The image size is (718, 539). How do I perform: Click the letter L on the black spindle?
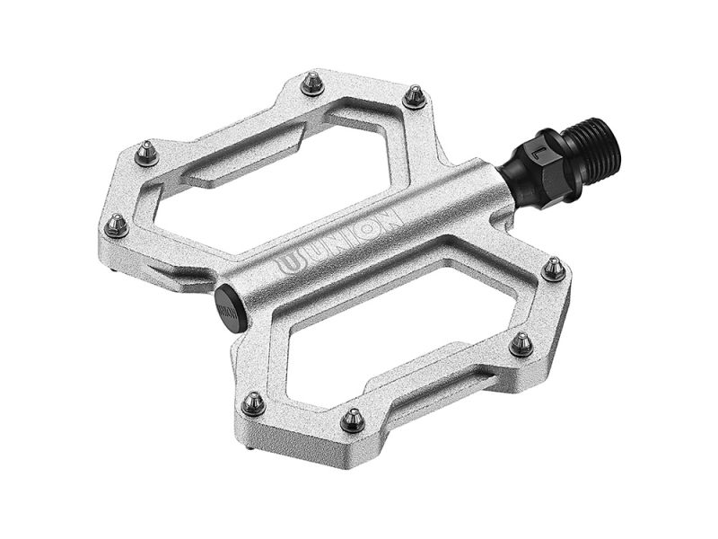coord(538,151)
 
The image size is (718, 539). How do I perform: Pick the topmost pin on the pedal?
coord(311,84)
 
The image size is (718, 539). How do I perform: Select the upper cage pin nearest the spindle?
coord(414,95)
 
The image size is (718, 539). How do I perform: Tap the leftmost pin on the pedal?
coord(115,225)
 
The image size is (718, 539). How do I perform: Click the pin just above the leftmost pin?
coord(146,155)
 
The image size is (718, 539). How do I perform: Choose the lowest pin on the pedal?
coord(353,419)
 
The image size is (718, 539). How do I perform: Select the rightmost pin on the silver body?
coord(555,269)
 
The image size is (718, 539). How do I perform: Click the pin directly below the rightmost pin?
coord(521,343)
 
